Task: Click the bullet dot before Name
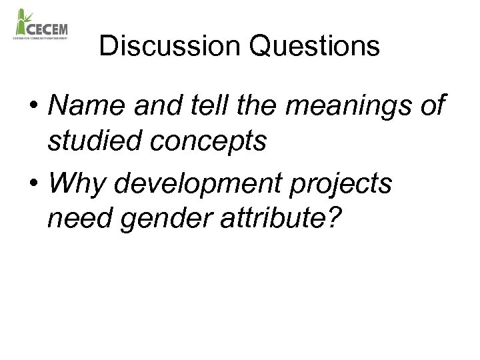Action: click(32, 107)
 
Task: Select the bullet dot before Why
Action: click(32, 183)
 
